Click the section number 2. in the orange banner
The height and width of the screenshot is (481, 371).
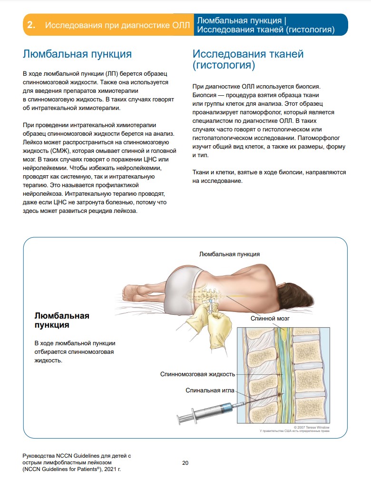(x=31, y=25)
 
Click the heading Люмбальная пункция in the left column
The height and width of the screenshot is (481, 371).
(x=77, y=54)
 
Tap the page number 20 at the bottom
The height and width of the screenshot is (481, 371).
(x=185, y=462)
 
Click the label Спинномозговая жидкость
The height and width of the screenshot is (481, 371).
(x=197, y=374)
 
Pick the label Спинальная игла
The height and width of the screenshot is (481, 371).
(x=210, y=391)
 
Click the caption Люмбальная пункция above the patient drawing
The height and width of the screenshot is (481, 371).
(x=229, y=254)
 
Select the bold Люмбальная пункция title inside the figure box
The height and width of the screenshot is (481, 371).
(x=62, y=320)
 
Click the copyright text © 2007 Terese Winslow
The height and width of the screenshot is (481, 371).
(x=312, y=427)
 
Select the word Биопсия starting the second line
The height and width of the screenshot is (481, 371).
(x=204, y=95)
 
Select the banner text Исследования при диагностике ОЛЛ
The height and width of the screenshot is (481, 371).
(x=117, y=25)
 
